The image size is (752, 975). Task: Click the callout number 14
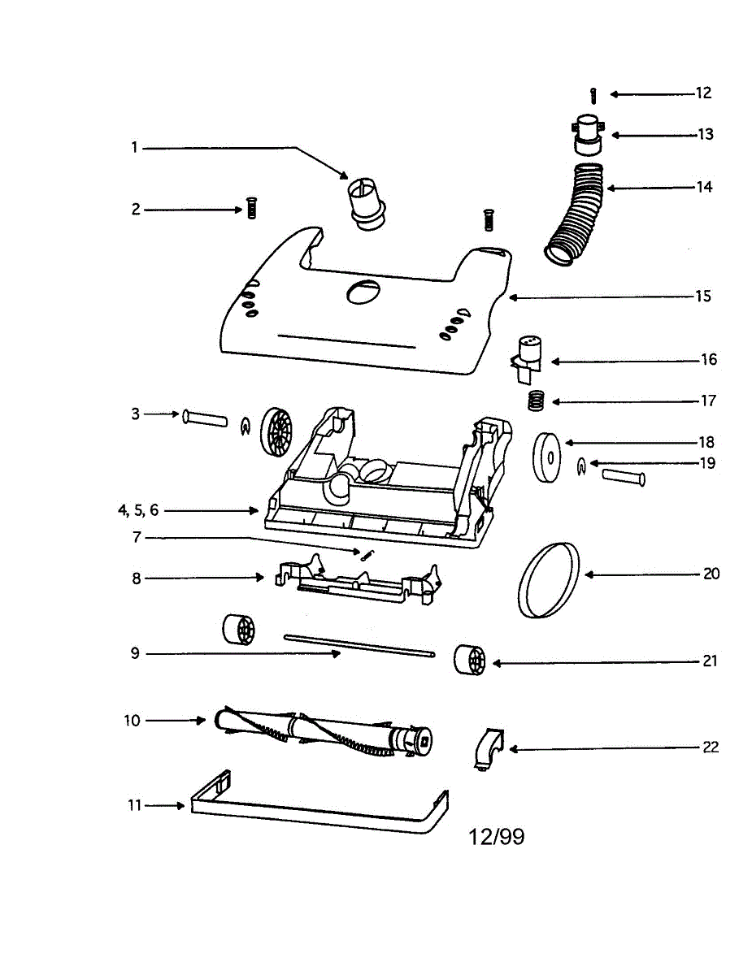704,187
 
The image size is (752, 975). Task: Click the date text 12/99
497,837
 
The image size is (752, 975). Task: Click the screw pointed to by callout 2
251,210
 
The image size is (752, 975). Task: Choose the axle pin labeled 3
207,417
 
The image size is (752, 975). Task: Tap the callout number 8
137,578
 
